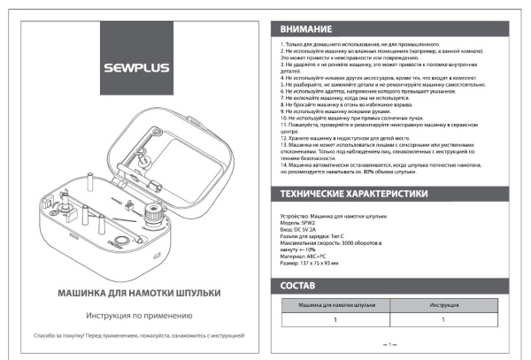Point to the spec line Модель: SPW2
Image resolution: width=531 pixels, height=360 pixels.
pyautogui.click(x=299, y=222)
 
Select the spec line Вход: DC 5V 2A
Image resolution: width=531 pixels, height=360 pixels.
pyautogui.click(x=302, y=228)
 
